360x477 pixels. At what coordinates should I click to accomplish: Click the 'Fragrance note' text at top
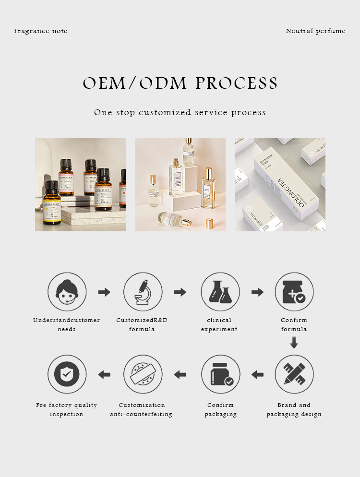pos(41,31)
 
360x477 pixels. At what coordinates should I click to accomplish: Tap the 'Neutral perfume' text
pos(315,31)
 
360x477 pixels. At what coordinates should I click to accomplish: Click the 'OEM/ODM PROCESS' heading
pos(180,83)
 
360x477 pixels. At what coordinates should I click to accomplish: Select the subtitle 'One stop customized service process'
pos(180,113)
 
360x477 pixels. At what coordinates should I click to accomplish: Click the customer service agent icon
pos(67,292)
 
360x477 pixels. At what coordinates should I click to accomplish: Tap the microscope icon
pos(143,292)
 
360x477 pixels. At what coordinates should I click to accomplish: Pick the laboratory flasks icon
pos(220,292)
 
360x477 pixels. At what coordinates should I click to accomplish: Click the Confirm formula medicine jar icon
pos(294,292)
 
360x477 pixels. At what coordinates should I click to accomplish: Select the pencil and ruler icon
pos(294,374)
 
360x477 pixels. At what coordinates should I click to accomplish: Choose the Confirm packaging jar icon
pos(220,374)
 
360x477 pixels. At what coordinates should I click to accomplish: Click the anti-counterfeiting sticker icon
pos(143,374)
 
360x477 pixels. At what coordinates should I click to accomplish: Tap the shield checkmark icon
pos(67,374)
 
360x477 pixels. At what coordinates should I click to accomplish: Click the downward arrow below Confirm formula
pos(294,343)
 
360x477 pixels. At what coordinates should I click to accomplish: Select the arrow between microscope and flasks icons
pos(180,292)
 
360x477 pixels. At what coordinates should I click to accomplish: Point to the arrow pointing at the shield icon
pos(104,374)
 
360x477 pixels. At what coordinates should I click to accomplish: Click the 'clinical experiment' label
pos(219,325)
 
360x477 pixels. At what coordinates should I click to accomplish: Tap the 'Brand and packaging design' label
pos(294,410)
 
